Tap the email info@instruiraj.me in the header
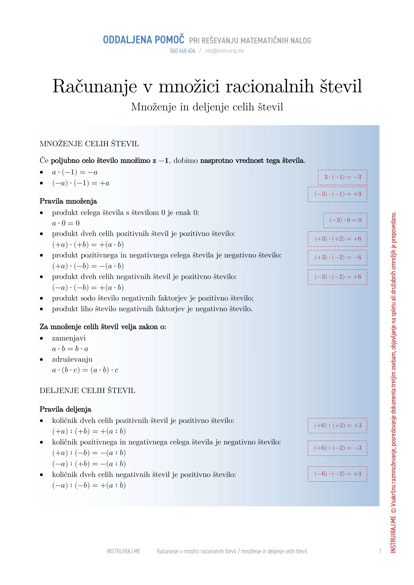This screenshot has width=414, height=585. (x=224, y=51)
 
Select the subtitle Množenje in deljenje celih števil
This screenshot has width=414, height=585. (x=207, y=107)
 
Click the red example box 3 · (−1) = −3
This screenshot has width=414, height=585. (x=342, y=177)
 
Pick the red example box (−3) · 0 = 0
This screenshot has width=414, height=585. (x=345, y=220)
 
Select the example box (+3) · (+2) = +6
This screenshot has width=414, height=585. (x=338, y=239)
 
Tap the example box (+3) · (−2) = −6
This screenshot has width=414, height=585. (x=338, y=257)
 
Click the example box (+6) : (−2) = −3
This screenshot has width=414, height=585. (x=338, y=448)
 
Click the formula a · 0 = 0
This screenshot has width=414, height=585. (x=66, y=223)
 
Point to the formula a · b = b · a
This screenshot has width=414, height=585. (x=70, y=349)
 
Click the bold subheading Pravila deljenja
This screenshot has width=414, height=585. (x=65, y=409)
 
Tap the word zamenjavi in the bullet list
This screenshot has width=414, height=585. (x=69, y=338)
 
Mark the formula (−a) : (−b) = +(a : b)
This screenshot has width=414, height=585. (x=89, y=485)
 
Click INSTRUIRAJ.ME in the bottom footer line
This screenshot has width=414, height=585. (x=123, y=551)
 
